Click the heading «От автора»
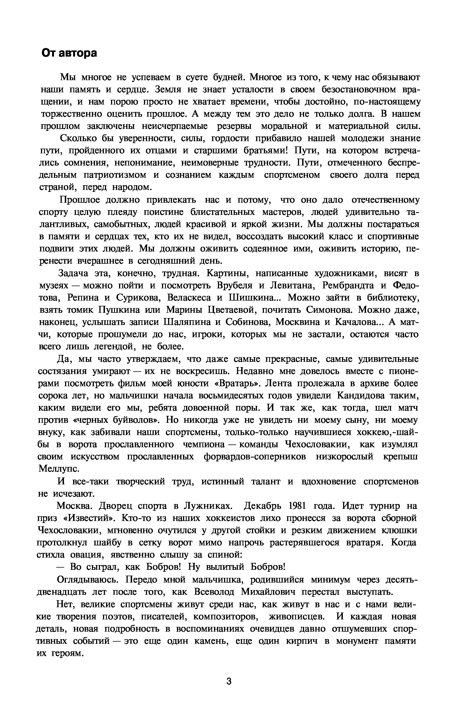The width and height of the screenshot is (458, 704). tap(69, 53)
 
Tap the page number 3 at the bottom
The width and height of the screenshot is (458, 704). tap(229, 682)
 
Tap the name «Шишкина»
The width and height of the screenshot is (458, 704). tap(253, 298)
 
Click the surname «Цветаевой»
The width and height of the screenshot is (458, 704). tap(233, 310)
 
